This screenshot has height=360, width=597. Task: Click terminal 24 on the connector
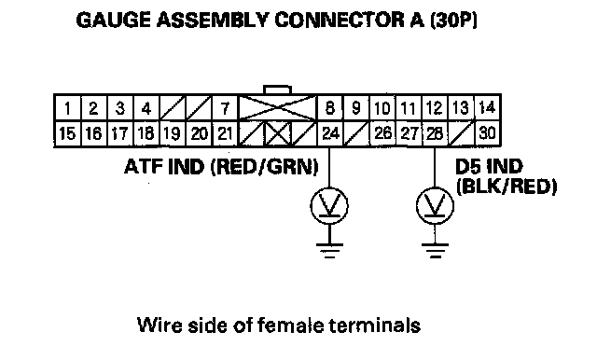tap(330, 133)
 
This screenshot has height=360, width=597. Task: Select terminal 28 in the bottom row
tap(435, 133)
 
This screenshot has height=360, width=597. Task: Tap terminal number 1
tap(67, 108)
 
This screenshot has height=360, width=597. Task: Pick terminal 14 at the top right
tap(487, 107)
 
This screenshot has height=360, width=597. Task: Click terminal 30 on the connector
tap(487, 133)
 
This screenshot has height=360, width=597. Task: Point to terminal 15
tap(67, 133)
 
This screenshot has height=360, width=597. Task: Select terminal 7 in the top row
tap(225, 108)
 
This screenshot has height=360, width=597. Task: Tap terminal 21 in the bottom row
tap(225, 133)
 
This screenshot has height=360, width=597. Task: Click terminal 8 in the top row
tap(330, 108)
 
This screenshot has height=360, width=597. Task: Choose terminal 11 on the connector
tap(409, 108)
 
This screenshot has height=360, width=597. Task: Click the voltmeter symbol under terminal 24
tap(329, 206)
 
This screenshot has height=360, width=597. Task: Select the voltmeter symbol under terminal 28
tap(435, 206)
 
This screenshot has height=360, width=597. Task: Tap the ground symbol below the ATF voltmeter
tap(329, 250)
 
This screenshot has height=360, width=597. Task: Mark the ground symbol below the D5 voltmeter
tap(435, 250)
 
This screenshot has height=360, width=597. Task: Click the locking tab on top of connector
tap(278, 90)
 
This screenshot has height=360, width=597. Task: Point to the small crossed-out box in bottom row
tap(278, 133)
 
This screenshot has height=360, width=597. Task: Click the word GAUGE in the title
tap(114, 20)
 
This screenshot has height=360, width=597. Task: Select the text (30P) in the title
tap(453, 20)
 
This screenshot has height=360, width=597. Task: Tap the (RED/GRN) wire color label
tap(265, 167)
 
